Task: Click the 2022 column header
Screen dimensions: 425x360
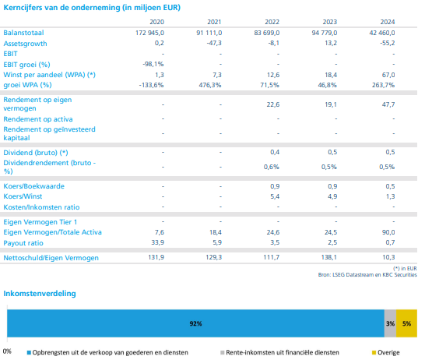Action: pyautogui.click(x=272, y=22)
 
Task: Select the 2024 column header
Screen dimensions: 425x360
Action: pyautogui.click(x=388, y=22)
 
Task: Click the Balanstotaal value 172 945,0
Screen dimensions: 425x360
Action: pyautogui.click(x=150, y=33)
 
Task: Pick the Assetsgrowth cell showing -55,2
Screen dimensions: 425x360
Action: pyautogui.click(x=388, y=43)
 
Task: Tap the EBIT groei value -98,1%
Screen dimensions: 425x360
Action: pyautogui.click(x=153, y=65)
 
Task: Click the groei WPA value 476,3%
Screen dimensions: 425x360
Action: pyautogui.click(x=210, y=85)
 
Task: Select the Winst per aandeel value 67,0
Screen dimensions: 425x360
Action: pyautogui.click(x=388, y=75)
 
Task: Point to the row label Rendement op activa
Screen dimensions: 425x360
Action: pyautogui.click(x=38, y=119)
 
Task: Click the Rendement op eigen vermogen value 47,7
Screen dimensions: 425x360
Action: pyautogui.click(x=388, y=104)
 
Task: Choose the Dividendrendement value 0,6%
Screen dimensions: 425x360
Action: pyautogui.click(x=272, y=167)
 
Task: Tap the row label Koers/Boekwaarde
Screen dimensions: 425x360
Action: pyautogui.click(x=34, y=186)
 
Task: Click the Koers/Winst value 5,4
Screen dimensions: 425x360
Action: pyautogui.click(x=275, y=196)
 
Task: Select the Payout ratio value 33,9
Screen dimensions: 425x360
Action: pyautogui.click(x=157, y=242)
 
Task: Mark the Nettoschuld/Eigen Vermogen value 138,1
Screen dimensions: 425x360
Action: pyautogui.click(x=328, y=257)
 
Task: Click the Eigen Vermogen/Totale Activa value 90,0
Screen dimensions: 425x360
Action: pyautogui.click(x=388, y=232)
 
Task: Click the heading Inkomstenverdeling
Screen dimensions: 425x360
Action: pyautogui.click(x=40, y=293)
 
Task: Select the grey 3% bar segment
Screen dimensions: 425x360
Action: pyautogui.click(x=390, y=323)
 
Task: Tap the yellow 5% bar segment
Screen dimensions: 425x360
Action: pyautogui.click(x=406, y=323)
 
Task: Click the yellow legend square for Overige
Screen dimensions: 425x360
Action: pyautogui.click(x=374, y=353)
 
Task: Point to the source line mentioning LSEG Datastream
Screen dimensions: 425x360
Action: pyautogui.click(x=367, y=275)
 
